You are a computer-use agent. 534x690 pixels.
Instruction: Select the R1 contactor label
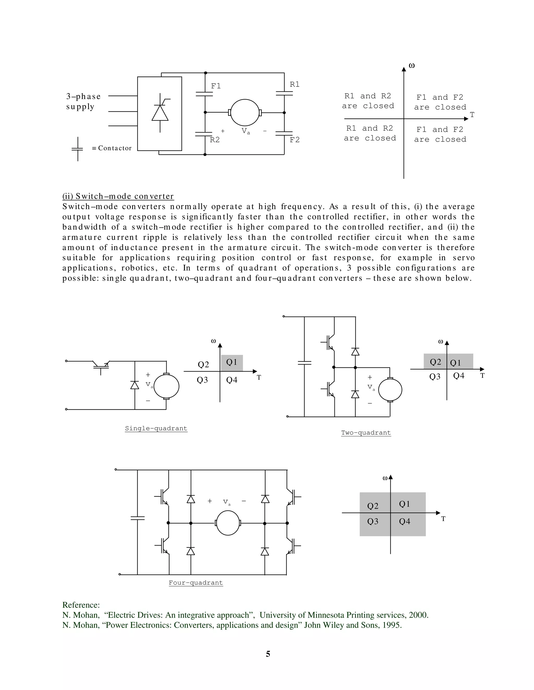pyautogui.click(x=295, y=84)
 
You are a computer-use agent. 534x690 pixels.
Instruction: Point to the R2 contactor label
pyautogui.click(x=215, y=140)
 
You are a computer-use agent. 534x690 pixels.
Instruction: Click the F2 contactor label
pyautogui.click(x=295, y=140)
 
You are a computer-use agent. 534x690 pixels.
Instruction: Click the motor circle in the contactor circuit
pyautogui.click(x=245, y=112)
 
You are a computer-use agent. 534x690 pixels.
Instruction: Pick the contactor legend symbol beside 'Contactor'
pyautogui.click(x=78, y=149)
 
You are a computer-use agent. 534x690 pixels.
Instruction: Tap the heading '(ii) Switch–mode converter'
pyautogui.click(x=118, y=196)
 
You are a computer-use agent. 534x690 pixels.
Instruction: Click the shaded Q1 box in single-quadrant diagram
pyautogui.click(x=232, y=362)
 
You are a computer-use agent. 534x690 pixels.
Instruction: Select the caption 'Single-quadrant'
pyautogui.click(x=156, y=428)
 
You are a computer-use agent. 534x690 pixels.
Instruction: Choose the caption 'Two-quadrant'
pyautogui.click(x=366, y=432)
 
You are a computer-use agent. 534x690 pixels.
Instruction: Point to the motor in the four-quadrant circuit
pyautogui.click(x=228, y=523)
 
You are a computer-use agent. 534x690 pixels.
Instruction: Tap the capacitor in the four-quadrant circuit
pyautogui.click(x=138, y=518)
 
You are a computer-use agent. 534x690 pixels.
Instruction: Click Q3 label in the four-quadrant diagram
pyautogui.click(x=373, y=521)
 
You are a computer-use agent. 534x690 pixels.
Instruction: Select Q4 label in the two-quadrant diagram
pyautogui.click(x=459, y=376)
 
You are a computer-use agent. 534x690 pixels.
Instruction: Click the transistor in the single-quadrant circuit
pyautogui.click(x=101, y=365)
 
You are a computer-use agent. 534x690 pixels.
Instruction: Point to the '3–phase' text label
pyautogui.click(x=83, y=96)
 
